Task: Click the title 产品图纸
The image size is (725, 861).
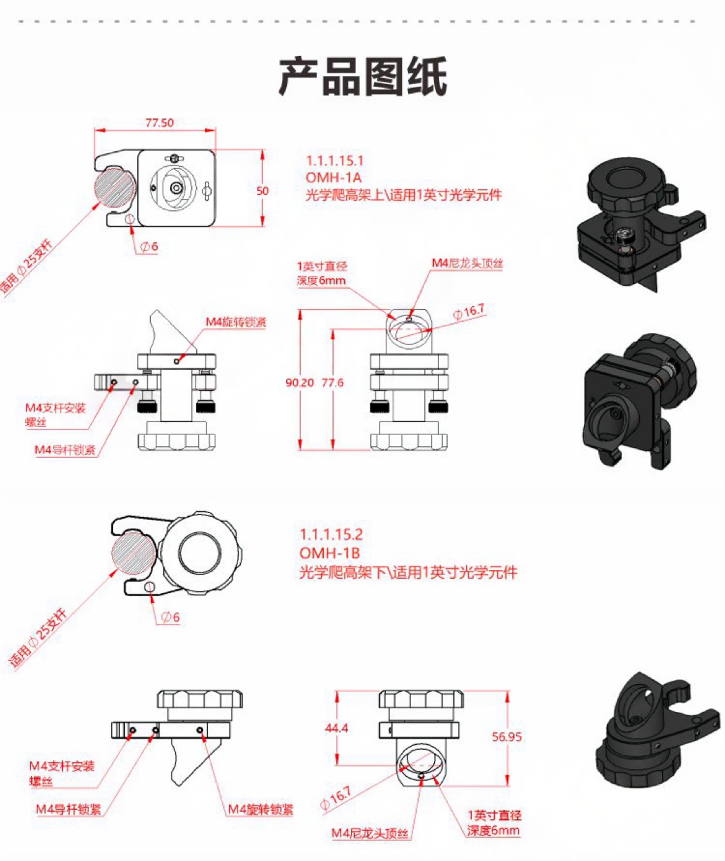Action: pyautogui.click(x=362, y=77)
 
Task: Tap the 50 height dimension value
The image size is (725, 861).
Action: pyautogui.click(x=262, y=191)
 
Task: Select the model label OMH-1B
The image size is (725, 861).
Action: pyautogui.click(x=330, y=553)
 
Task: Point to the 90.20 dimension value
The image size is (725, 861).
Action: pyautogui.click(x=300, y=383)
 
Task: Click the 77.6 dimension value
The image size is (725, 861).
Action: pyautogui.click(x=332, y=383)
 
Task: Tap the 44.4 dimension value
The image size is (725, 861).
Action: pyautogui.click(x=336, y=728)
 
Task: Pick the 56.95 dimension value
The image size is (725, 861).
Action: pyautogui.click(x=507, y=736)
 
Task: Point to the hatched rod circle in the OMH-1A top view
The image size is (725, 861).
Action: pyautogui.click(x=115, y=187)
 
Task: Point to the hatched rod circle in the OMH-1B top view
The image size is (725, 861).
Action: pyautogui.click(x=133, y=552)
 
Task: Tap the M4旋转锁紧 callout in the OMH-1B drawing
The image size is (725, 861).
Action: pyautogui.click(x=260, y=810)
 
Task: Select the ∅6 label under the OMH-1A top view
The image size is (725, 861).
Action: pyautogui.click(x=149, y=246)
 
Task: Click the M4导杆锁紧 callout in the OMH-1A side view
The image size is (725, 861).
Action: pyautogui.click(x=65, y=450)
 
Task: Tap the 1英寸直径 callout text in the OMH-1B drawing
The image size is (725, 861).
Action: pyautogui.click(x=494, y=815)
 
